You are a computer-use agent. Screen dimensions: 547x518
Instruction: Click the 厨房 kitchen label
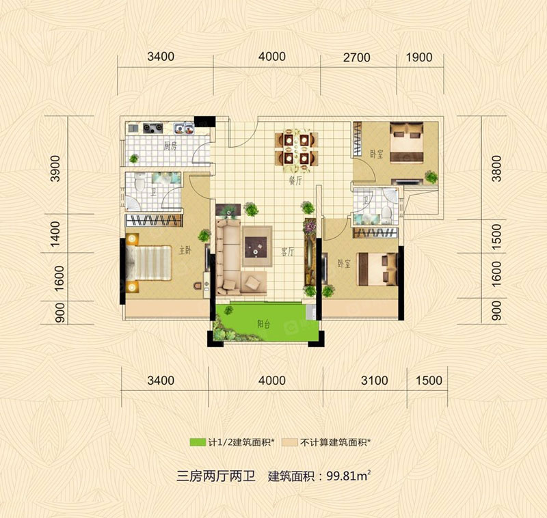pyautogui.click(x=170, y=146)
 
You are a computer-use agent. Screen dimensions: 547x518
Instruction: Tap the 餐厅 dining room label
pyautogui.click(x=295, y=181)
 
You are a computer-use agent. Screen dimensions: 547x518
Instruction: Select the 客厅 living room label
pyautogui.click(x=288, y=252)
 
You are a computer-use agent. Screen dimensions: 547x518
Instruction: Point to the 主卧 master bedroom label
pyautogui.click(x=185, y=250)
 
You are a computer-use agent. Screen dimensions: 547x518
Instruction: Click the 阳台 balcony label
pyautogui.click(x=264, y=324)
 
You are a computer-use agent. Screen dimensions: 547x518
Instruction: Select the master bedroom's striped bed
pyautogui.click(x=149, y=263)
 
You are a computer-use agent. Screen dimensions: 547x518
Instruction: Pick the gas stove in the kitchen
pyautogui.click(x=152, y=128)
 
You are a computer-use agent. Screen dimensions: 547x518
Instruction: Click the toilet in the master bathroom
pyautogui.click(x=140, y=182)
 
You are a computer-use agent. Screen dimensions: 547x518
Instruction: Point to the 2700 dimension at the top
pyautogui.click(x=356, y=57)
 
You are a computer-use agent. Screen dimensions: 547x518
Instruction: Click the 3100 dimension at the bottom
pyautogui.click(x=374, y=381)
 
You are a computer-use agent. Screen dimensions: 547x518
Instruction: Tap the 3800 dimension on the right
pyautogui.click(x=496, y=169)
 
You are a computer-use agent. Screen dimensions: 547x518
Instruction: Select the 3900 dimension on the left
pyautogui.click(x=55, y=169)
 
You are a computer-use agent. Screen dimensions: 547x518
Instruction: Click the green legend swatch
pyautogui.click(x=198, y=442)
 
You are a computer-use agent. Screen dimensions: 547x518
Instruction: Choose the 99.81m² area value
pyautogui.click(x=348, y=476)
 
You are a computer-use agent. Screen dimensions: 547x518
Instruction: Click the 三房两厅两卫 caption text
pyautogui.click(x=216, y=476)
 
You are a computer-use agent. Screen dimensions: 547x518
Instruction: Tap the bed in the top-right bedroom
pyautogui.click(x=406, y=142)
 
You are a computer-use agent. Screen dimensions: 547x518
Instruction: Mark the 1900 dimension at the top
pyautogui.click(x=419, y=57)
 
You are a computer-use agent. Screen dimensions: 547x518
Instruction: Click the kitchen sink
pyautogui.click(x=184, y=128)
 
